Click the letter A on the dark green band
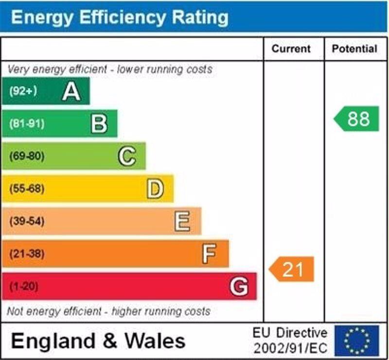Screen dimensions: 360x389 coord(71,91)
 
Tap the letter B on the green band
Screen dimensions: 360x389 coord(99,124)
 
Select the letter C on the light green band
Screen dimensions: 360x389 coord(127,156)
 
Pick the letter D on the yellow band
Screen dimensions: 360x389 coord(155,189)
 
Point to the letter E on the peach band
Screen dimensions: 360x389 coord(182,221)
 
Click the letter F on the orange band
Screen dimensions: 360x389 coord(210,253)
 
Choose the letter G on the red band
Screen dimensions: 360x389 coord(239,286)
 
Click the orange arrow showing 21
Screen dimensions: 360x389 coord(292,269)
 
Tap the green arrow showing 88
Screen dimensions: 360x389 coord(357,119)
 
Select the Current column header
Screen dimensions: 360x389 coord(291,49)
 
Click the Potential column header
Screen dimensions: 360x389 coord(354,49)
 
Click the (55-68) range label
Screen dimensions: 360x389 coord(27,189)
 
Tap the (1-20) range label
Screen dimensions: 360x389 coord(23,286)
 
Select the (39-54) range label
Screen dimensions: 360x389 coord(27,221)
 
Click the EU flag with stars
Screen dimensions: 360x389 coord(356,341)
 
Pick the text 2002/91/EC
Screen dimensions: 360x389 coord(290,348)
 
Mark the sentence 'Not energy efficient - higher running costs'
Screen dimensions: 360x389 coord(109,311)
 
